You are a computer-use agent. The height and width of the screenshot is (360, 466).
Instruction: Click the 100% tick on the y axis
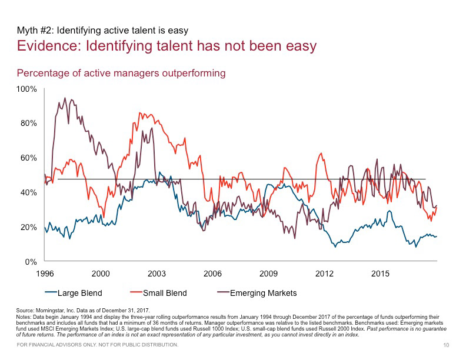pos(27,89)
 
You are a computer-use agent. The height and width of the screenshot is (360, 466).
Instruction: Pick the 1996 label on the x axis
pos(46,274)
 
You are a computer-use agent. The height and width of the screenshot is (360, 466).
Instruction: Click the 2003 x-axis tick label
pos(157,274)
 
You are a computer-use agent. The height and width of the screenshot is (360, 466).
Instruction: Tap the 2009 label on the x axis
pos(268,274)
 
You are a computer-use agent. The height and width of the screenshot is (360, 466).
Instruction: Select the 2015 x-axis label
pos(381,274)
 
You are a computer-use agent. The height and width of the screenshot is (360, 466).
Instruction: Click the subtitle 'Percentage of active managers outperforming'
pos(121,73)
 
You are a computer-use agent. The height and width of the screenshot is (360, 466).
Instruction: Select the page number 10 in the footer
pos(445,344)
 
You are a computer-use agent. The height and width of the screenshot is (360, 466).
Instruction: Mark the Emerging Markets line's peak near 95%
pos(65,99)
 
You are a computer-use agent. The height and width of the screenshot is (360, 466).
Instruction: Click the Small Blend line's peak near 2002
pos(140,113)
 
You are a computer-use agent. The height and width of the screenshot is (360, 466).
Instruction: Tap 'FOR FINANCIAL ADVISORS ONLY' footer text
pos(58,344)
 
